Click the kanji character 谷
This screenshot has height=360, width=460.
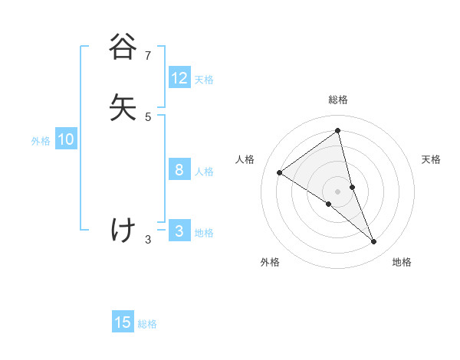[123, 47]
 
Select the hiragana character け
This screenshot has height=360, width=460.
[123, 230]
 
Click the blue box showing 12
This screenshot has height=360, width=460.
[179, 78]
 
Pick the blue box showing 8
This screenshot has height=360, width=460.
[179, 170]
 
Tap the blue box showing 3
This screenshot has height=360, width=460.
[179, 231]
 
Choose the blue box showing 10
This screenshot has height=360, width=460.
[66, 139]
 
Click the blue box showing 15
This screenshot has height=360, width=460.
[123, 322]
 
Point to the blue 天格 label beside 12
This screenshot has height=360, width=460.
[204, 80]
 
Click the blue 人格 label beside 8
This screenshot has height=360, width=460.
[204, 172]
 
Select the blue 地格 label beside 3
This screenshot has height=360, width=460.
[204, 233]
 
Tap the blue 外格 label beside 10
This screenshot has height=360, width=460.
[41, 141]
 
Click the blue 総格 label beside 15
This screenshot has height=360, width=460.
[147, 324]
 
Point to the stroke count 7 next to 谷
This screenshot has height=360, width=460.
[148, 55]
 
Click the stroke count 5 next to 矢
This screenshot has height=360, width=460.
[148, 116]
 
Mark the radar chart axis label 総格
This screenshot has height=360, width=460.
[338, 100]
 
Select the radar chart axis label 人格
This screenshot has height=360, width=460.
[245, 159]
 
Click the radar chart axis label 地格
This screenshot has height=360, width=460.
[402, 262]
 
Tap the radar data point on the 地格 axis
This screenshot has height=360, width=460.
[374, 242]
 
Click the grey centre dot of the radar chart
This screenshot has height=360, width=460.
[338, 191]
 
